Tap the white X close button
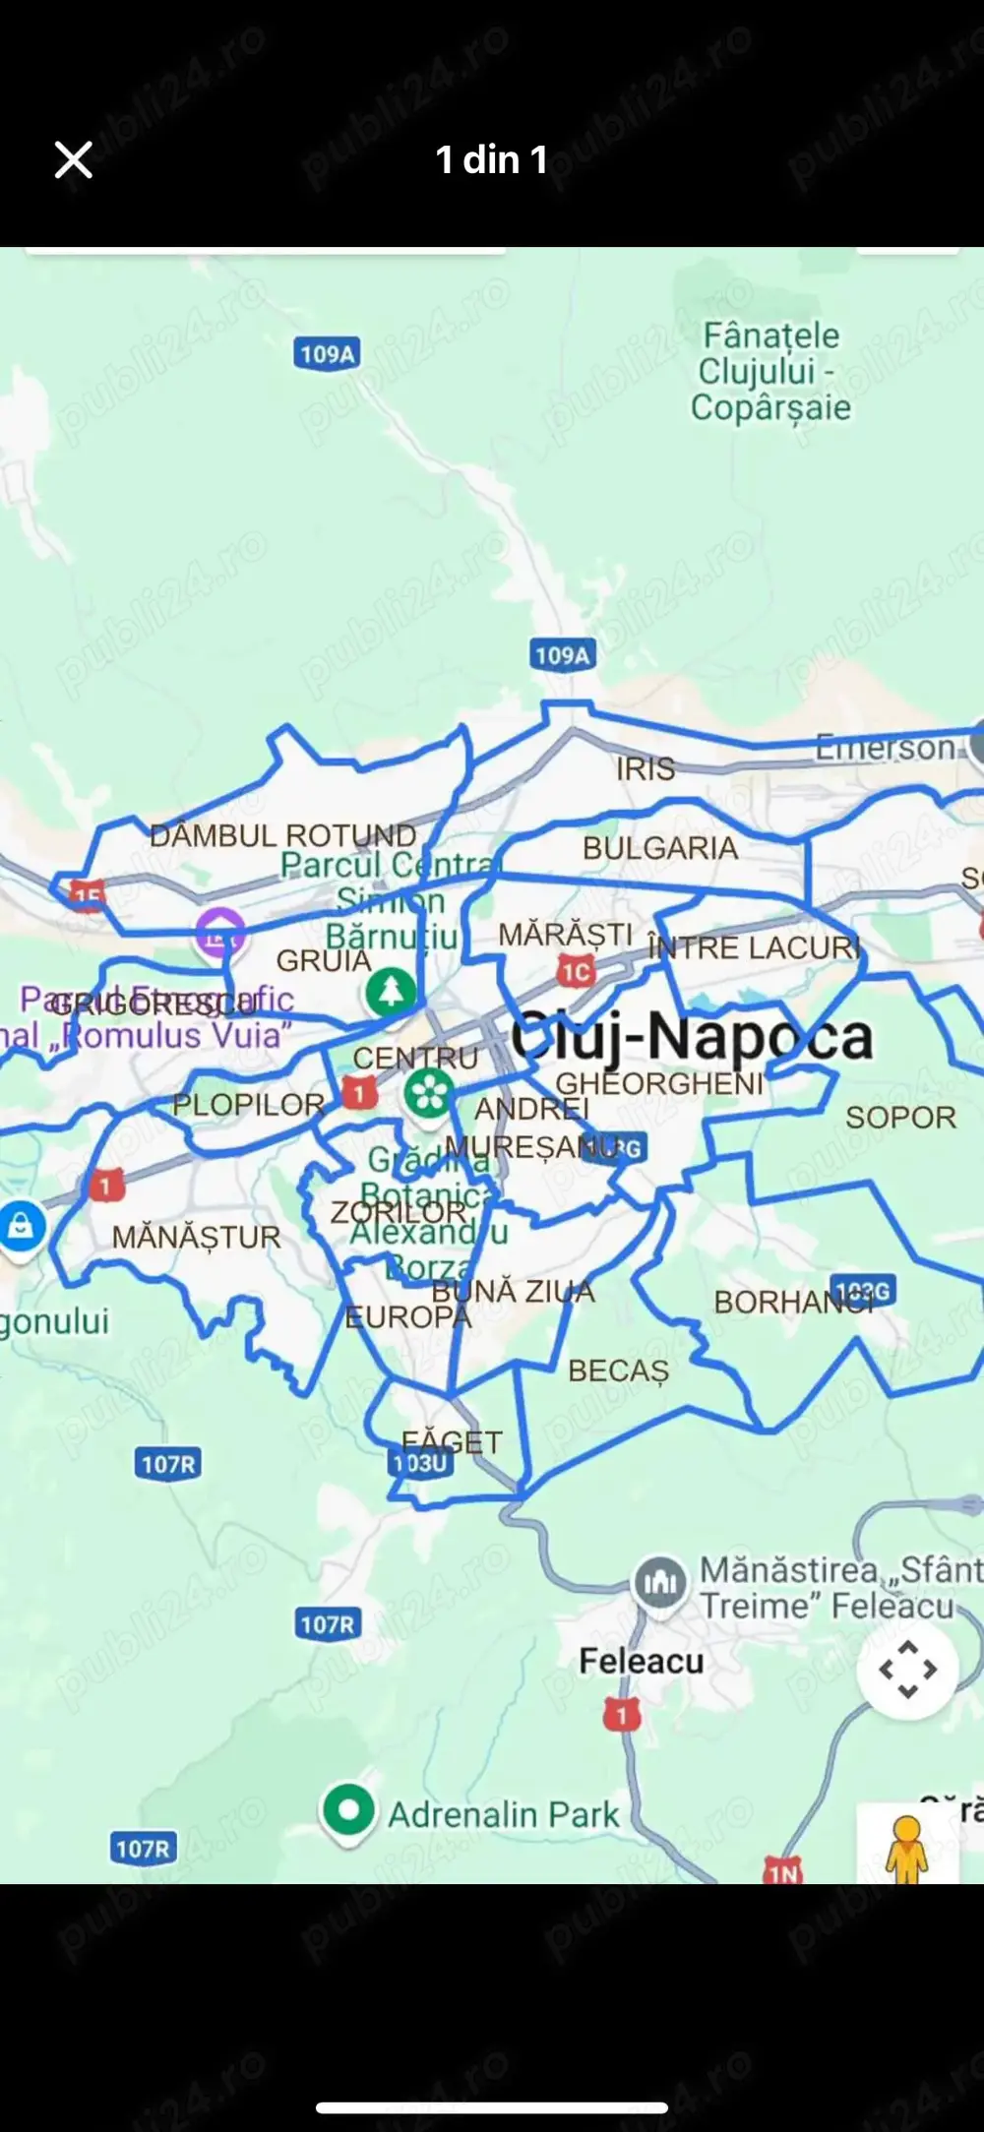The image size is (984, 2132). coord(73,159)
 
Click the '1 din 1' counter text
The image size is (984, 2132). coord(491,159)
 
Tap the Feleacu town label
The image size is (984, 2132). coord(641,1661)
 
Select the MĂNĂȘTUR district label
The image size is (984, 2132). coord(196,1237)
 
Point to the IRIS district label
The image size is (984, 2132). coord(646,768)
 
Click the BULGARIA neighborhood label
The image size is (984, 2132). coord(659,848)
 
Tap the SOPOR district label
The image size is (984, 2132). coord(900,1118)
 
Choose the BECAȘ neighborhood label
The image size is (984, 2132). coord(618,1371)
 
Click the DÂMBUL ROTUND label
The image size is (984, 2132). coord(282,835)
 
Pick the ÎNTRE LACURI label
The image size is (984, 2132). coord(755,947)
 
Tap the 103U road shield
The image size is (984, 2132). coord(420,1463)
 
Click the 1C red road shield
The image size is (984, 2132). coord(576,973)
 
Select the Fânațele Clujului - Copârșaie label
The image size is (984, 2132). coord(770,372)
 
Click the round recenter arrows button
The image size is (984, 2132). coord(906,1669)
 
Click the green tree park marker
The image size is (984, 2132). coord(391,991)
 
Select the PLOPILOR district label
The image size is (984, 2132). coord(248,1105)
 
